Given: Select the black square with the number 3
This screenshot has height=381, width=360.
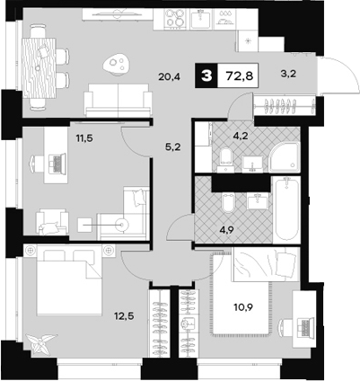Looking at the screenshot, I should pos(208,76).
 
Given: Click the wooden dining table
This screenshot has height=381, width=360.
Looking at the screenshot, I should pos(38,66).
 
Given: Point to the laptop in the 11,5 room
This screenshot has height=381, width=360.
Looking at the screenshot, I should pos(56,164).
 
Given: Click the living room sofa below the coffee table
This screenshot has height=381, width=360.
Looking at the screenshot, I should pos(118,97).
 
